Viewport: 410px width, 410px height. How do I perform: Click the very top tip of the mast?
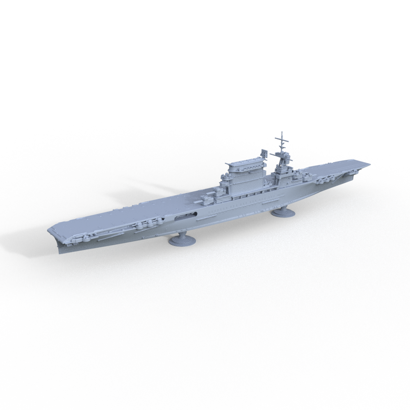tap(282, 132)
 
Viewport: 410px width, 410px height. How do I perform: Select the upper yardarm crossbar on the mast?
tap(282, 142)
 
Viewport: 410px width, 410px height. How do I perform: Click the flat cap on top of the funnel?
tap(245, 165)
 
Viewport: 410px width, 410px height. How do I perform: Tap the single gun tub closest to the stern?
tap(87, 237)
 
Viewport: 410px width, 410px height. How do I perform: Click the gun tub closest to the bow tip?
tap(352, 172)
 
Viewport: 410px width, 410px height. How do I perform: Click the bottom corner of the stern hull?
tap(60, 252)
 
